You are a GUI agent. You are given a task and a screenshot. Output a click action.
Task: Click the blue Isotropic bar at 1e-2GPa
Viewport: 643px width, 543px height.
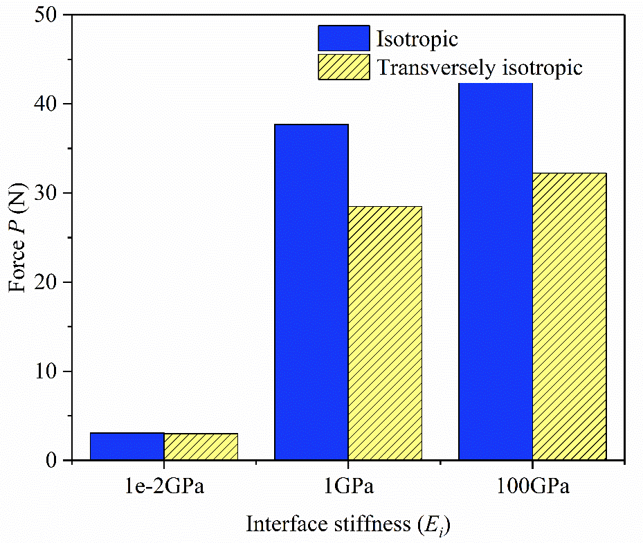127,446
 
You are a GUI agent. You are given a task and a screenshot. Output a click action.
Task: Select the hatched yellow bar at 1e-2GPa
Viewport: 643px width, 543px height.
201,447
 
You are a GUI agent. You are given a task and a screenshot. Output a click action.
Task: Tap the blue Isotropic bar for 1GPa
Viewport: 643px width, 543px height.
311,292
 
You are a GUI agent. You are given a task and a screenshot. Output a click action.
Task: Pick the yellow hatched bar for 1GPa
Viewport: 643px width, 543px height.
385,333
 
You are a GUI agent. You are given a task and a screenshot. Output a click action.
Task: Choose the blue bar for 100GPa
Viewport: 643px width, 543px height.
496,271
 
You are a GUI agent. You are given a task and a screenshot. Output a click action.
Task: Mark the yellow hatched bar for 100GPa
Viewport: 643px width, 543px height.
569,316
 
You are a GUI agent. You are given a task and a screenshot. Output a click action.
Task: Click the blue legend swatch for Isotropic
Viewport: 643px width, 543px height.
343,38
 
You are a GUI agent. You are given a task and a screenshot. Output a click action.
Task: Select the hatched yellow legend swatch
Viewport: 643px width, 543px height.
343,67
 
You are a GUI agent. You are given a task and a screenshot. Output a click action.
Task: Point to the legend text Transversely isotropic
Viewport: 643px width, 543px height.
480,68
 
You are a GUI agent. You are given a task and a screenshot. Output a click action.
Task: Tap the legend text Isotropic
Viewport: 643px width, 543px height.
417,39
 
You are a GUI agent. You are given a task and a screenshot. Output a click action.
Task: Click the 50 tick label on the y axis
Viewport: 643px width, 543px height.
45,15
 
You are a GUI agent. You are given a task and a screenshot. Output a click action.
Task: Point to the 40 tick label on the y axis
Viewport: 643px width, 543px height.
45,104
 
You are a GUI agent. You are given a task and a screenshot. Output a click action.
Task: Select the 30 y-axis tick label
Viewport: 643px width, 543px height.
45,193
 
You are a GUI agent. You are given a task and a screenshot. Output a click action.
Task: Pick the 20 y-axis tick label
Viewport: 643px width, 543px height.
45,282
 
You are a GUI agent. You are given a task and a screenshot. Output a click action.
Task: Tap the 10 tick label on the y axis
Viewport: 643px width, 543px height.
45,371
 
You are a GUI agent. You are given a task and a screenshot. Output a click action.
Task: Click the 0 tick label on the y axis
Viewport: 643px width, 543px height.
51,461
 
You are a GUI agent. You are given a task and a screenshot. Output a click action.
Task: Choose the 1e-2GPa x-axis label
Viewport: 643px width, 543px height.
164,487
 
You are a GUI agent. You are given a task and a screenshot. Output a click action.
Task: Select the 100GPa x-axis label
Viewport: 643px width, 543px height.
533,487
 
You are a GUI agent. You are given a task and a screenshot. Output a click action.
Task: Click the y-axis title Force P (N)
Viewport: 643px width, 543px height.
17,238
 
